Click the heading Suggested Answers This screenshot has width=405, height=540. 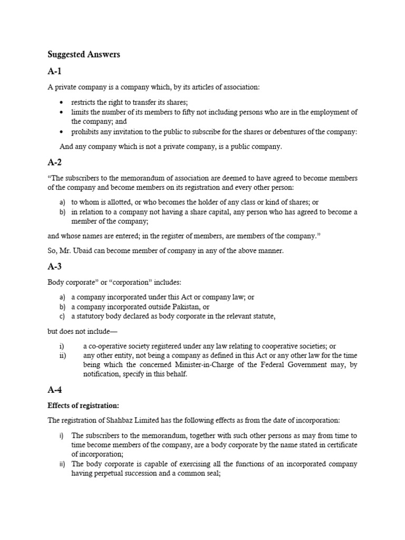(84, 55)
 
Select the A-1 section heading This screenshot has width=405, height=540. (55, 72)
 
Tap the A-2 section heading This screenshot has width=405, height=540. (55, 164)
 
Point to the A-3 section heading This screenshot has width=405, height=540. (55, 268)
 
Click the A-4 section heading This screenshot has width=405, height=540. (55, 390)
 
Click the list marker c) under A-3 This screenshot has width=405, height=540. (62, 316)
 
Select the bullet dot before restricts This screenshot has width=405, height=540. (62, 103)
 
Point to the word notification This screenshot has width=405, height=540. (101, 374)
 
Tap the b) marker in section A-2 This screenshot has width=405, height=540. (62, 212)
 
